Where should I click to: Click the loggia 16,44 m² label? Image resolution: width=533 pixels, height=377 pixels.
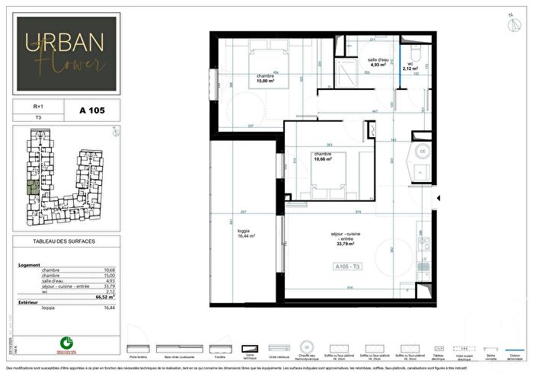244,234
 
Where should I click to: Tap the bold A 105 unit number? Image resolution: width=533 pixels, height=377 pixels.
91,110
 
